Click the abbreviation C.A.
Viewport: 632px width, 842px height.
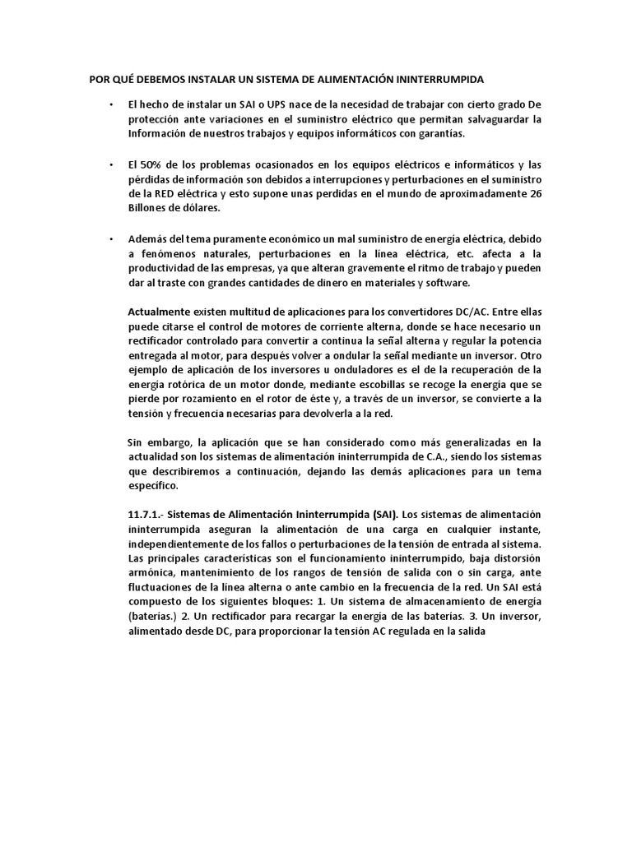click(x=437, y=456)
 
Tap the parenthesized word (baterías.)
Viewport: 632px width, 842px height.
click(x=157, y=615)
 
